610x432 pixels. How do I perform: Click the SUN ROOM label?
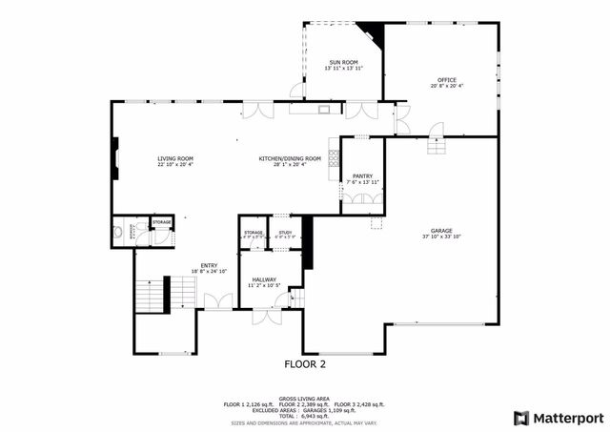(342, 62)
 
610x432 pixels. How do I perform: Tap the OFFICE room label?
(446, 80)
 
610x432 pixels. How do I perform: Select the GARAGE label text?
(440, 231)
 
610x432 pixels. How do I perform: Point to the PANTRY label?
(362, 176)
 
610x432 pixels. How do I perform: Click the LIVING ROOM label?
(175, 158)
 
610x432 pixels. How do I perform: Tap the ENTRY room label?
(208, 266)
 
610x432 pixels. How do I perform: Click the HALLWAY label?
(264, 279)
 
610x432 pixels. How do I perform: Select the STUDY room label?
(284, 232)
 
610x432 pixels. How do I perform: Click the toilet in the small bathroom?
(118, 232)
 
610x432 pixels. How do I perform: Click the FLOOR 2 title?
(305, 364)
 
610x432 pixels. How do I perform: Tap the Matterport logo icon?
(520, 418)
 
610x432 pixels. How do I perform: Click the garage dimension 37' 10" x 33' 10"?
(440, 237)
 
